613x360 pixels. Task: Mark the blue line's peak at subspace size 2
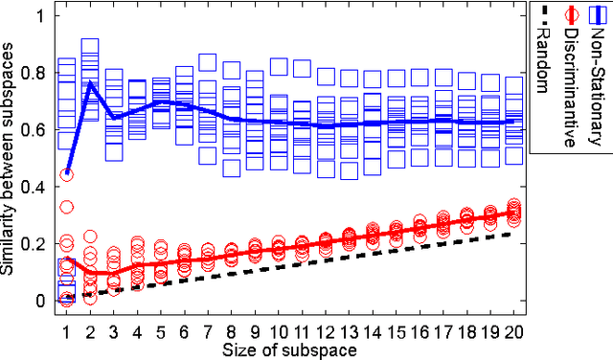(x=90, y=82)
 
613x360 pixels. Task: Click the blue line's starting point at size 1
(x=66, y=173)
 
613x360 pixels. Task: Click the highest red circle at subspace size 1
(x=66, y=174)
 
